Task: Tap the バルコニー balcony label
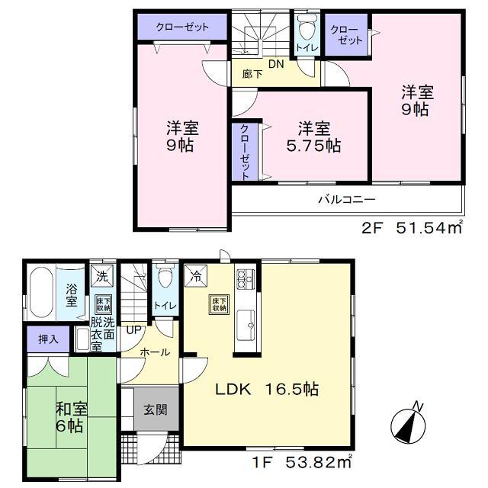click(x=347, y=200)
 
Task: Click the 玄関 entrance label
click(x=156, y=409)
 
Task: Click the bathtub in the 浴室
click(x=39, y=294)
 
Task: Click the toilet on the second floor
click(x=307, y=30)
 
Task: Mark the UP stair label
click(x=133, y=330)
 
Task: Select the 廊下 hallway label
click(x=252, y=75)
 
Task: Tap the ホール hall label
click(x=154, y=352)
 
